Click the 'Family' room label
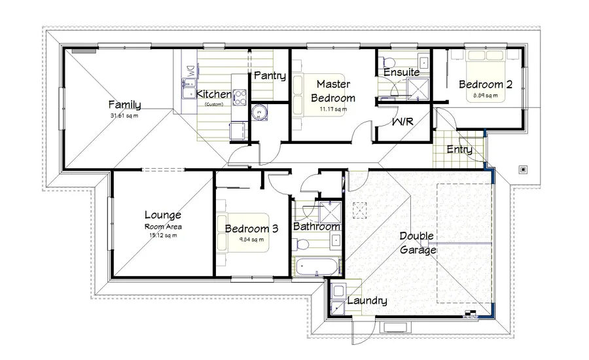(124, 105)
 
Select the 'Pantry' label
(270, 76)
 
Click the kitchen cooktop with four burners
(240, 98)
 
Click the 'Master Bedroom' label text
(333, 91)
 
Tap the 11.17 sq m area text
(333, 109)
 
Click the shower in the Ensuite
(414, 88)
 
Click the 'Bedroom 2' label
(485, 84)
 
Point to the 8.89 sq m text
(485, 96)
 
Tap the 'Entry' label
(459, 150)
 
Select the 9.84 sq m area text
(251, 240)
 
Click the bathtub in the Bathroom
(317, 267)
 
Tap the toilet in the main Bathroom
(302, 244)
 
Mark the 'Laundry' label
(367, 301)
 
